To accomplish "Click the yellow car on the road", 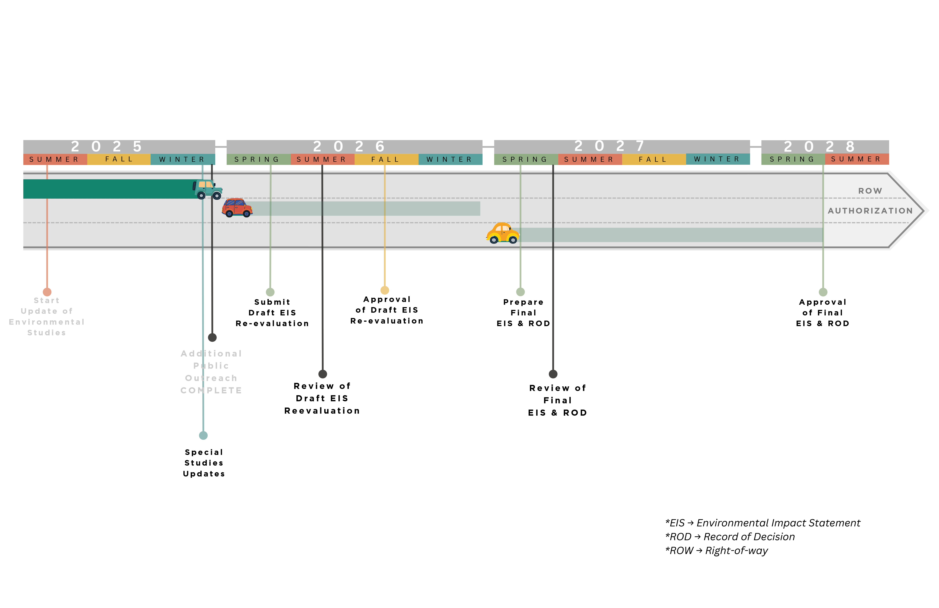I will click(503, 233).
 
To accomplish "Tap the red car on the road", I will click(237, 208).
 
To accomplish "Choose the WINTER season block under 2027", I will click(717, 159).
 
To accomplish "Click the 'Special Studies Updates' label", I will click(204, 463).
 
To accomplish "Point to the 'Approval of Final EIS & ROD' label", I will click(823, 313).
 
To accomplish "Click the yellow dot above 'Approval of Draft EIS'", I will click(385, 290).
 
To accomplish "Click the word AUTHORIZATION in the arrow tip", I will click(870, 211).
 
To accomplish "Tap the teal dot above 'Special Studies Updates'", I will click(203, 436).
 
